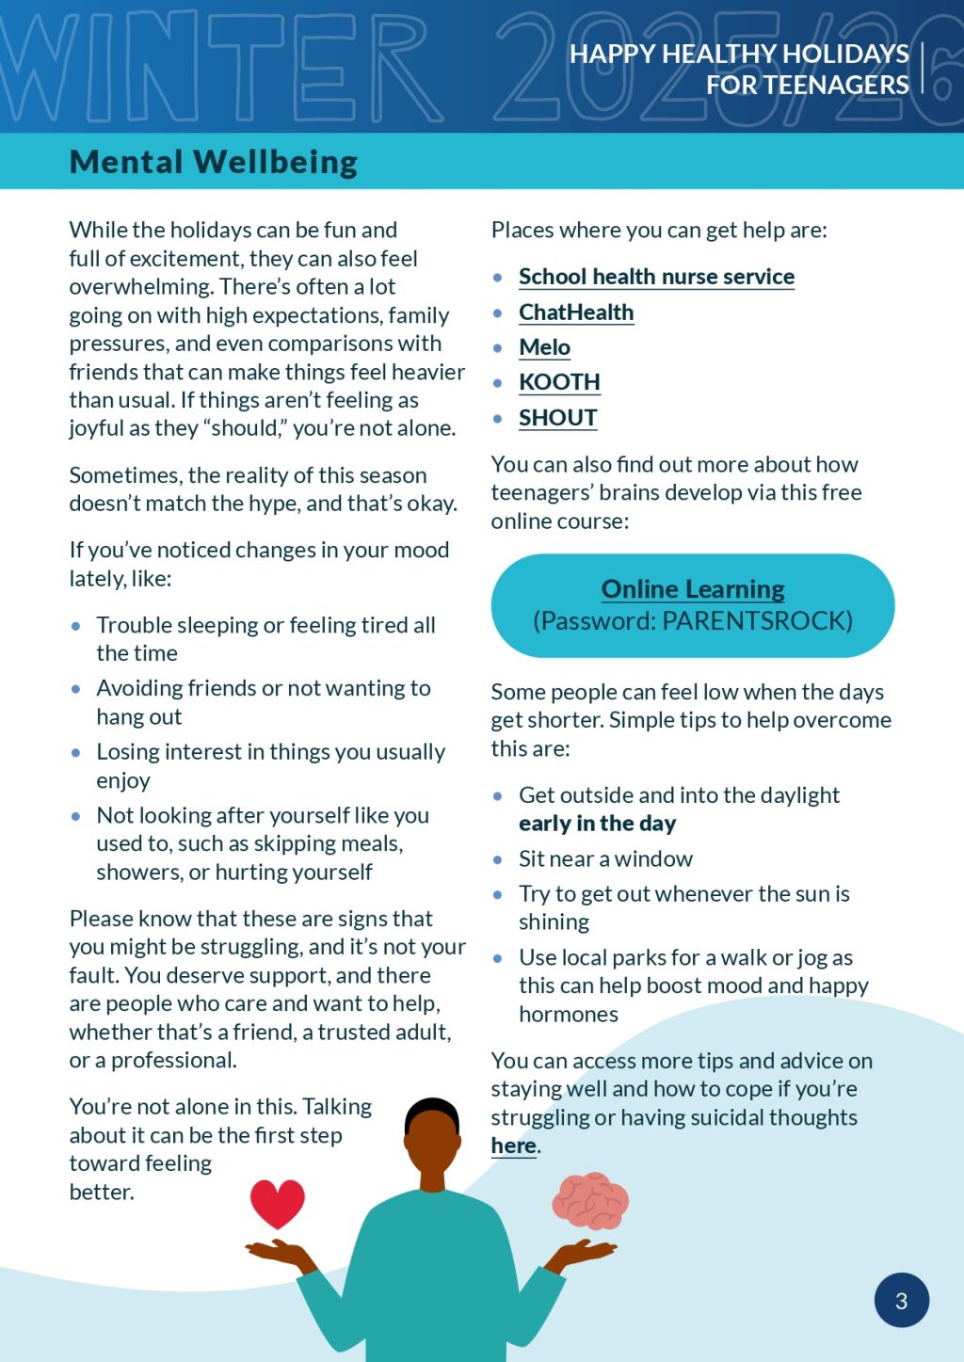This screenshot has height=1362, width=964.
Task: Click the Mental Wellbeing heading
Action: click(214, 162)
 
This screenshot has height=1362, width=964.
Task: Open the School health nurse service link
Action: click(656, 277)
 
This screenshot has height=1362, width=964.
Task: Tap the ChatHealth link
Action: click(576, 312)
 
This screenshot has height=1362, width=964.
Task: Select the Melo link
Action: click(544, 347)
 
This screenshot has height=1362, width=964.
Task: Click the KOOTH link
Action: click(559, 382)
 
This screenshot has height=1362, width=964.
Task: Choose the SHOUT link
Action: click(557, 418)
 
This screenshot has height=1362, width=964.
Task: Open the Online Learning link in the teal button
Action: click(693, 589)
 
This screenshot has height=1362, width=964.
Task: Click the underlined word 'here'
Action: click(513, 1146)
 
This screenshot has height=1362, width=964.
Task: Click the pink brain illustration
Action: click(590, 1201)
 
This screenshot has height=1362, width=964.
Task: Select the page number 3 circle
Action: click(902, 1301)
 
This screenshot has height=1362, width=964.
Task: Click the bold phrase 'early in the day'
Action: click(597, 824)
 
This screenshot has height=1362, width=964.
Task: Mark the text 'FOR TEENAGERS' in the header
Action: click(808, 86)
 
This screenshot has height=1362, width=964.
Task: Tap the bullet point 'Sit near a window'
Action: click(605, 859)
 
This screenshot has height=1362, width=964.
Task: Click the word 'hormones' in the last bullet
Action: click(569, 1015)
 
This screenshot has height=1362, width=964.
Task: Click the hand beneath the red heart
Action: click(280, 1251)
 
